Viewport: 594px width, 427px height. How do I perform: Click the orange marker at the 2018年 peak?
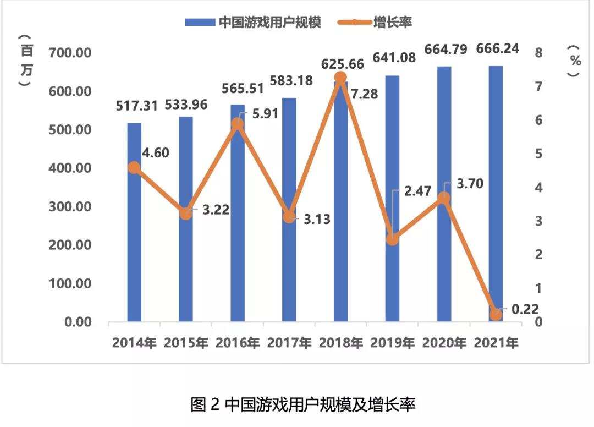coord(340,77)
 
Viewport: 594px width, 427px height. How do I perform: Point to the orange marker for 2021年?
coord(496,314)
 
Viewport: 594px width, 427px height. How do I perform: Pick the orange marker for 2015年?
coord(186,214)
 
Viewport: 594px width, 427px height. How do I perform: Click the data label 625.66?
coord(341,64)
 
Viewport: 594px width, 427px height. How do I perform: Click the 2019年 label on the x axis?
coord(393,343)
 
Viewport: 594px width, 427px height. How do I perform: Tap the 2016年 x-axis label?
coord(238,343)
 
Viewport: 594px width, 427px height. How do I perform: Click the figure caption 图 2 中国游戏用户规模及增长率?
coord(303,405)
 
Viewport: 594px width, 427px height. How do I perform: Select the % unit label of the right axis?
coord(575,61)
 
